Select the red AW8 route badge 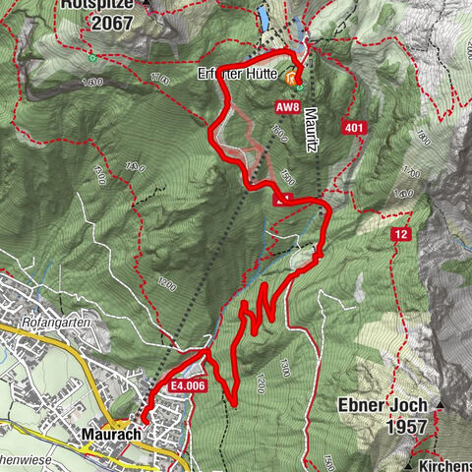click(x=287, y=106)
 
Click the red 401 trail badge click(x=355, y=127)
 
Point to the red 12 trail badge click(x=400, y=234)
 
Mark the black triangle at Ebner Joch click(x=442, y=405)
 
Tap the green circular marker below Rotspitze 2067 click(x=91, y=57)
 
